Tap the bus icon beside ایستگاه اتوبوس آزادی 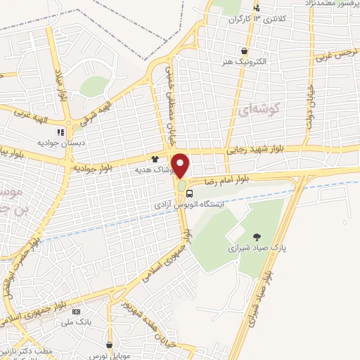[191, 195]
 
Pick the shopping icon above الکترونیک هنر [244, 51]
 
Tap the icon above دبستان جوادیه [61, 131]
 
